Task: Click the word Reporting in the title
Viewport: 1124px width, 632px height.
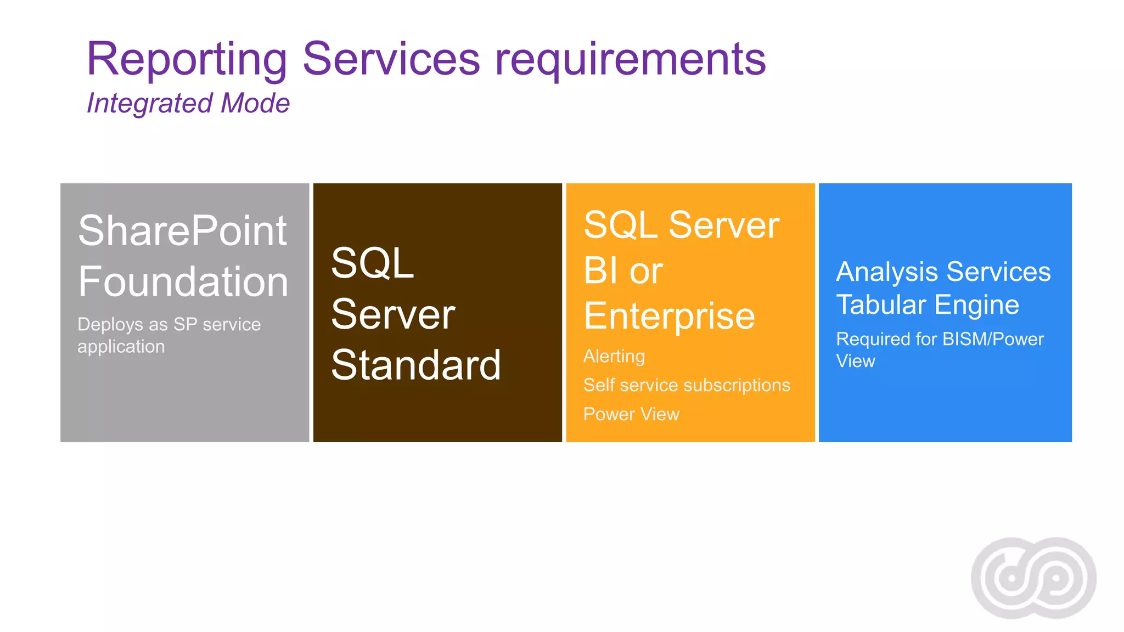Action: click(x=187, y=59)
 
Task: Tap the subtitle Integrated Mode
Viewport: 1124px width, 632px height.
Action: click(x=188, y=103)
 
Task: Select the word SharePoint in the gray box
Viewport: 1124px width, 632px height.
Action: click(x=182, y=230)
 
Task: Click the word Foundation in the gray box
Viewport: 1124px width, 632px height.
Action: click(x=183, y=281)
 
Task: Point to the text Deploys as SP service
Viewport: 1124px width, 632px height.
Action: click(x=169, y=324)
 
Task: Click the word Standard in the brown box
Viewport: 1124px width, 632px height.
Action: click(x=416, y=365)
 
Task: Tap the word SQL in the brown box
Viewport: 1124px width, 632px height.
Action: click(x=372, y=263)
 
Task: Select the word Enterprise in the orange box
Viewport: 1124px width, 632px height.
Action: click(x=669, y=316)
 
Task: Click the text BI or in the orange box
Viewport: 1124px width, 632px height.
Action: click(x=623, y=270)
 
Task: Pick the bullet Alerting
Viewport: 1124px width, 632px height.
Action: click(x=614, y=356)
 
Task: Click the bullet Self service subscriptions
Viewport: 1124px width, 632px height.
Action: click(x=687, y=385)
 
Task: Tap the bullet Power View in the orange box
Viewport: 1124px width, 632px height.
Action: click(x=631, y=414)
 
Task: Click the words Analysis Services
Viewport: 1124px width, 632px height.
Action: click(x=943, y=272)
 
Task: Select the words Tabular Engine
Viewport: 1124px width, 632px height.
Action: click(x=928, y=304)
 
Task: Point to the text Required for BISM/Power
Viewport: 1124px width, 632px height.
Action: click(x=940, y=339)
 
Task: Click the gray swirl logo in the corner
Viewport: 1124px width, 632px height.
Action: click(x=1033, y=578)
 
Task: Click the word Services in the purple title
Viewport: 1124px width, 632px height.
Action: click(x=391, y=59)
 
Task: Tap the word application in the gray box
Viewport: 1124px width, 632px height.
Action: click(x=121, y=347)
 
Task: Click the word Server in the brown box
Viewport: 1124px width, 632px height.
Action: click(x=393, y=314)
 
